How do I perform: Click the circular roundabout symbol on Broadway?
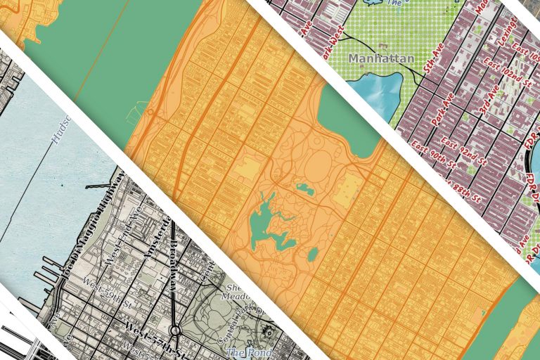point(173,330)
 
